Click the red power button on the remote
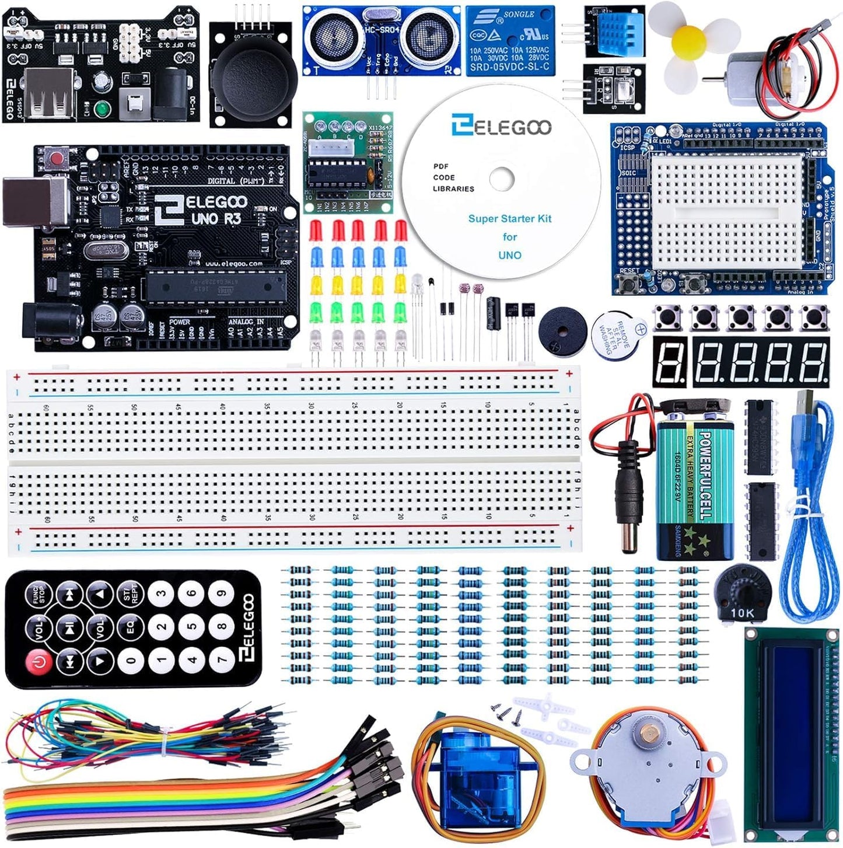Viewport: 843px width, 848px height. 39,662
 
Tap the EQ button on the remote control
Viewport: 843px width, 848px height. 131,627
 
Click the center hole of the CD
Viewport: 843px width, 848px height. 501,179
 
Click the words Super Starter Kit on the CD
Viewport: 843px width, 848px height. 509,219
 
